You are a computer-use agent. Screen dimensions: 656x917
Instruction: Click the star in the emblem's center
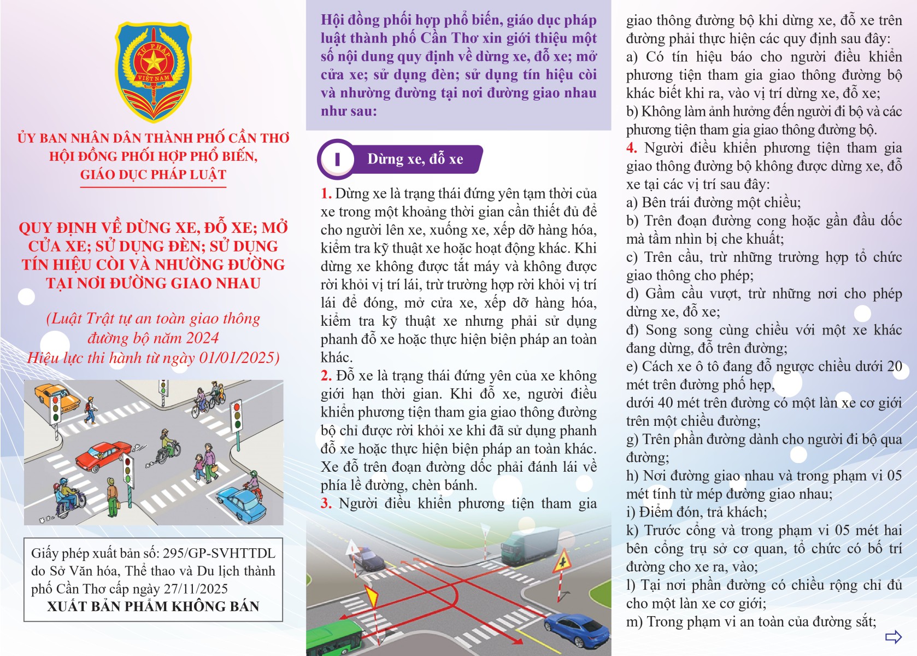pyautogui.click(x=154, y=62)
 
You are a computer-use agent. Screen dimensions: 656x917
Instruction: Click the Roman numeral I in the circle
pyautogui.click(x=337, y=160)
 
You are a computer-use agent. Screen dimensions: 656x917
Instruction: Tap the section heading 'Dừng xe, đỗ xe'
pyautogui.click(x=415, y=159)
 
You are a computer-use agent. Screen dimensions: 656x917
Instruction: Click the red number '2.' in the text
pyautogui.click(x=326, y=376)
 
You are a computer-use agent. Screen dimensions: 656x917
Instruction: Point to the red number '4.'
pyautogui.click(x=632, y=148)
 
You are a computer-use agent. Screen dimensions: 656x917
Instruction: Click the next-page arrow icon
pyautogui.click(x=893, y=636)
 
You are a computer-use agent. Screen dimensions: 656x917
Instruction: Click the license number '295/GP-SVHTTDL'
pyautogui.click(x=219, y=553)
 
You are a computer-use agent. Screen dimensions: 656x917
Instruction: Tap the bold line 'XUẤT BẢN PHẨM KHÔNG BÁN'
pyautogui.click(x=153, y=606)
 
